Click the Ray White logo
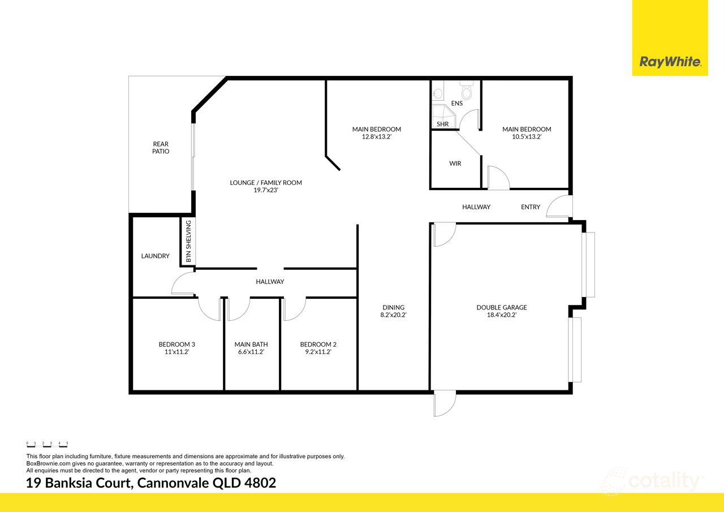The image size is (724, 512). coord(670,62)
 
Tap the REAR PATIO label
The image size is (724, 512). coord(161,148)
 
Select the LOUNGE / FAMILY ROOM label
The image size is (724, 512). coord(266,183)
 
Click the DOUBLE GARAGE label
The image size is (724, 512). coord(501,308)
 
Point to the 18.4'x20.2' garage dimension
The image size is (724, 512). coord(501,315)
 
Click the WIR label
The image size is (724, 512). coord(455,164)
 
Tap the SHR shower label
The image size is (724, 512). coord(442,124)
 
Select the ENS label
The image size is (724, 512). coord(457,104)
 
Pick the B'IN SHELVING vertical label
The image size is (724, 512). coord(188,242)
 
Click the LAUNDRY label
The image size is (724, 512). coord(155,256)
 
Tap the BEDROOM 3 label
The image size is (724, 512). coord(177,345)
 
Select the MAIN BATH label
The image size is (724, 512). coord(251,345)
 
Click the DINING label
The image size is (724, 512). coord(394,308)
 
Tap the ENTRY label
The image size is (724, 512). coord(531,207)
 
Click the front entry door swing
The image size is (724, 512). coord(562,206)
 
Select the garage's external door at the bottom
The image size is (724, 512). coord(444,404)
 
